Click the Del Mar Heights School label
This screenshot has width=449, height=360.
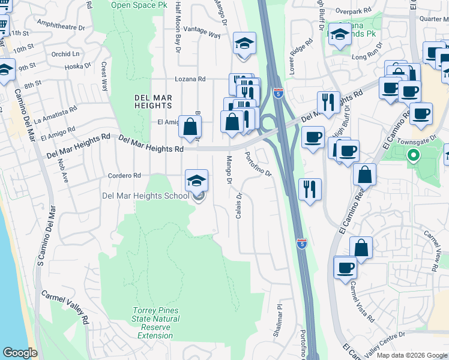(x=145, y=196)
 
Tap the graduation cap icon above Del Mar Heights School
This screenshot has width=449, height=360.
(x=196, y=181)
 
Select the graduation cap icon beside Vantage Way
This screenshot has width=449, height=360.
(x=244, y=44)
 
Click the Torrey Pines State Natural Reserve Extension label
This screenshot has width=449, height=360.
(x=155, y=323)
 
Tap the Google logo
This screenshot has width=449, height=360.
(x=21, y=353)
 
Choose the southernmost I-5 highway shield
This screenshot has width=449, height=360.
(x=302, y=243)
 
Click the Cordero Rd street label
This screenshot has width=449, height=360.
(x=124, y=176)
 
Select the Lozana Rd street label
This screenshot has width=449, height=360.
(x=190, y=79)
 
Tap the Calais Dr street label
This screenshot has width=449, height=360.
(x=239, y=205)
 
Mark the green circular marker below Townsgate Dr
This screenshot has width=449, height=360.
(x=413, y=156)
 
